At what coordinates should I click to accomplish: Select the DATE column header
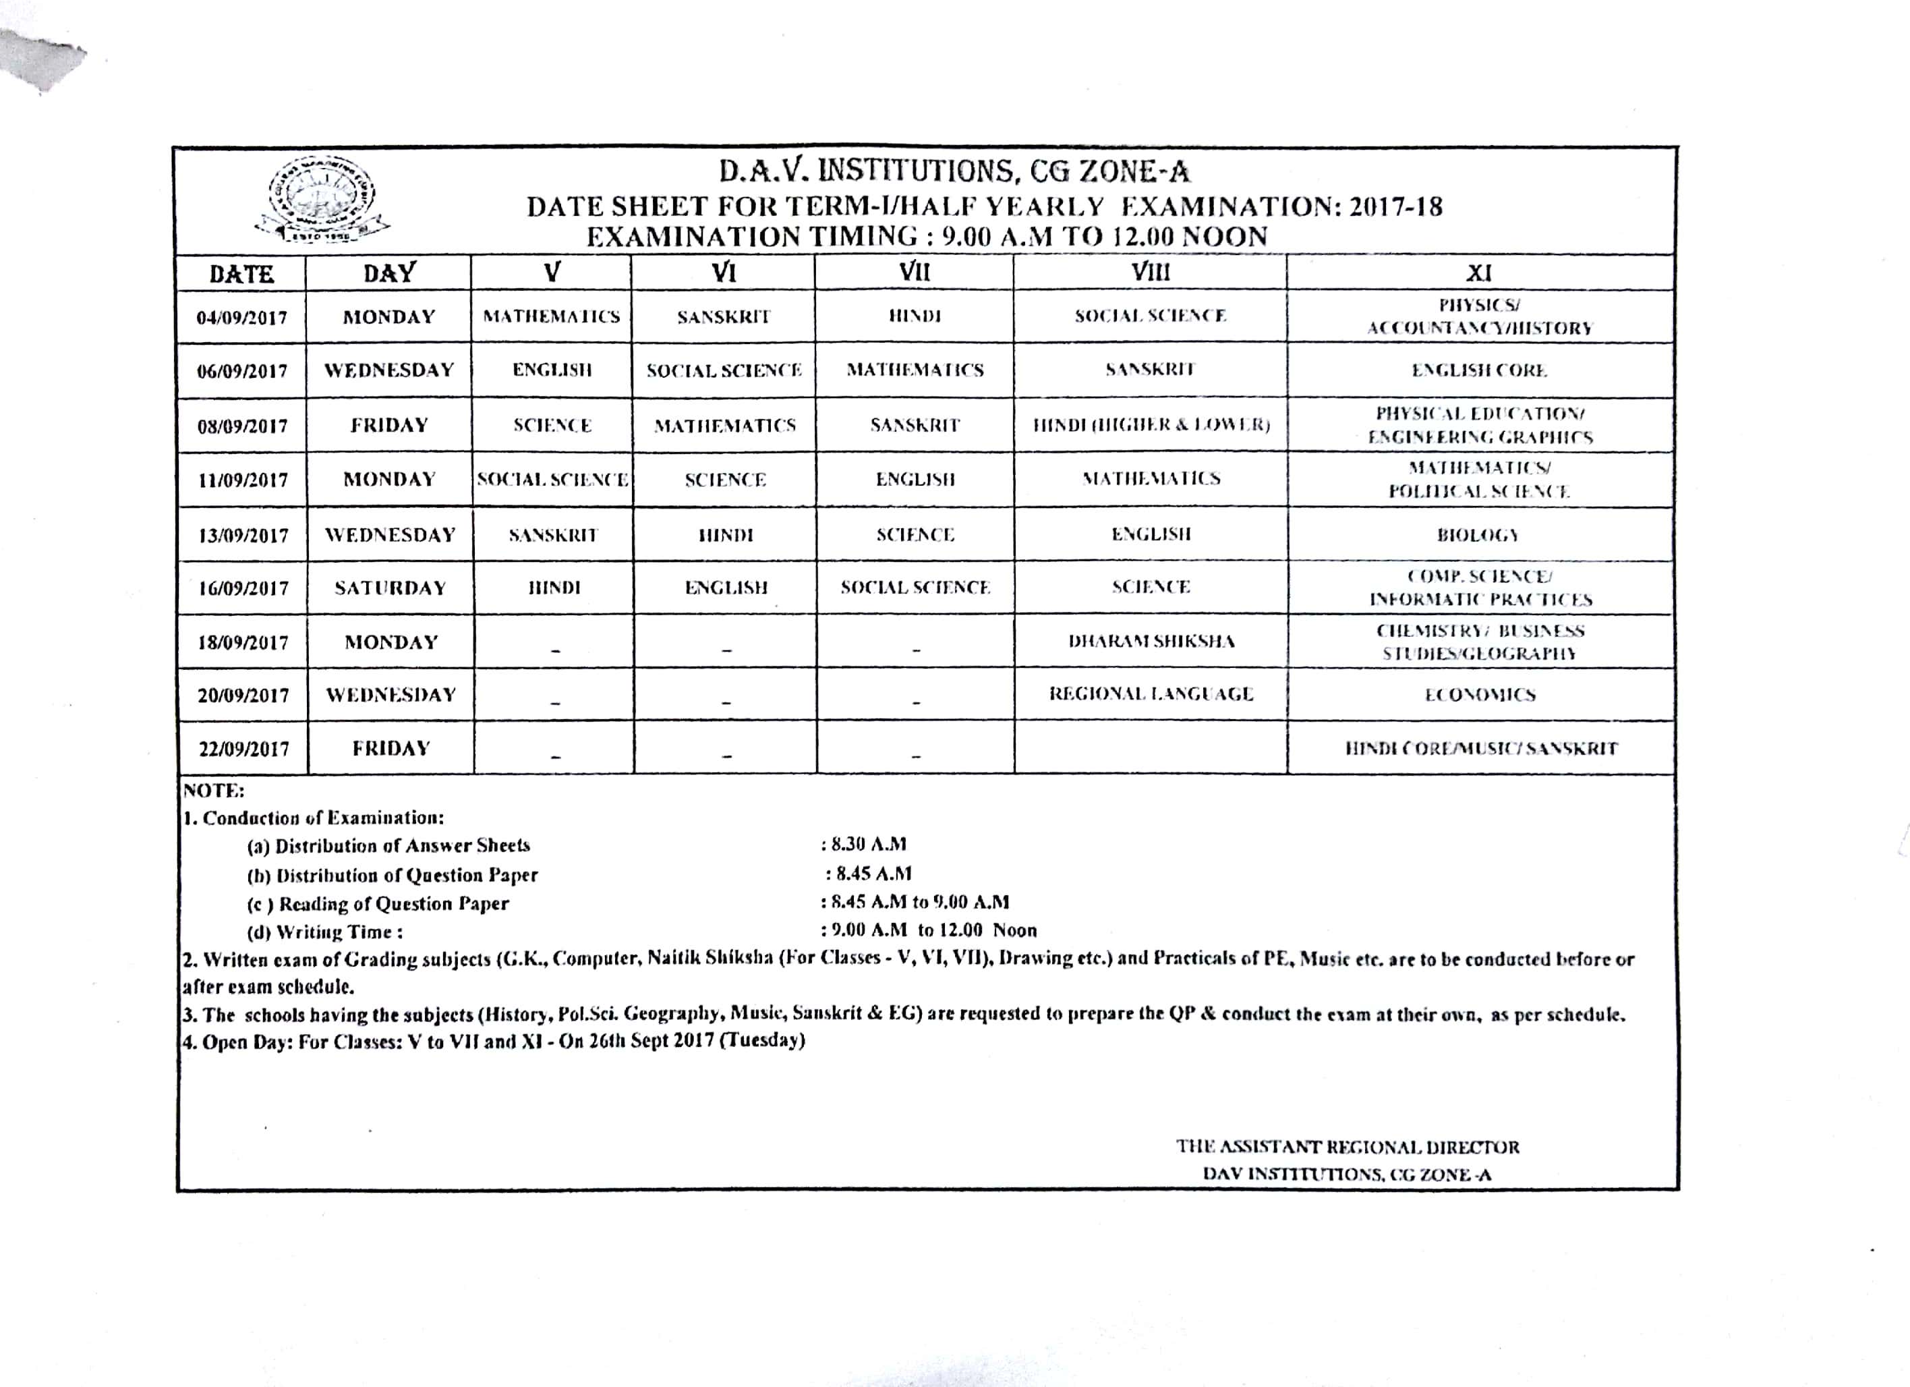click(x=241, y=275)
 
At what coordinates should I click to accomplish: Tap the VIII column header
click(x=1151, y=272)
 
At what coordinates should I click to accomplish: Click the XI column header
click(x=1480, y=273)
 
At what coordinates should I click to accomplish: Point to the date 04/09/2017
click(x=241, y=318)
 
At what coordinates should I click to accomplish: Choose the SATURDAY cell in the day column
click(x=390, y=588)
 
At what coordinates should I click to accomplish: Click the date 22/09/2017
click(x=243, y=749)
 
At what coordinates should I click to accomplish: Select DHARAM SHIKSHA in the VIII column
click(x=1151, y=642)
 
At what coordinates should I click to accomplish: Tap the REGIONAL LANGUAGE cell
click(x=1151, y=694)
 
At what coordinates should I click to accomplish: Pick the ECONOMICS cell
click(x=1480, y=695)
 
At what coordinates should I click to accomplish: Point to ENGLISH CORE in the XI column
click(x=1479, y=370)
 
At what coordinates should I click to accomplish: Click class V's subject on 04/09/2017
click(x=552, y=316)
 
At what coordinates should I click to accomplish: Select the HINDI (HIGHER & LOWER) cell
click(x=1151, y=424)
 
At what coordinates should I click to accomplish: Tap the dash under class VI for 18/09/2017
click(x=726, y=649)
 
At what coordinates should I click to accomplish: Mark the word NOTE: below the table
click(x=214, y=791)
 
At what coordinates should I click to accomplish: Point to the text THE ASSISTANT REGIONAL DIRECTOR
click(x=1348, y=1147)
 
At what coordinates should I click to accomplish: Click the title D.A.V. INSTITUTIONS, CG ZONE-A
click(x=954, y=173)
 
